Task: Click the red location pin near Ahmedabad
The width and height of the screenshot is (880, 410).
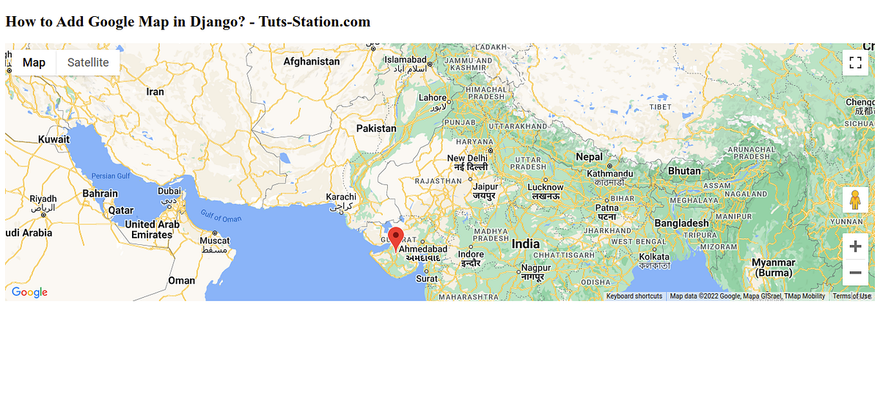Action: click(396, 238)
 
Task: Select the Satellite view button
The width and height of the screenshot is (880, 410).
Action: click(88, 62)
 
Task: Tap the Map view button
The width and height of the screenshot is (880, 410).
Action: click(34, 62)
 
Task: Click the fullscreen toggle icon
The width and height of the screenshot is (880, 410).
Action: click(854, 62)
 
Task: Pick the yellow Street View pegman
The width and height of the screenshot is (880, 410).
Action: click(854, 200)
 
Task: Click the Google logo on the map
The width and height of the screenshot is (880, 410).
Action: click(29, 292)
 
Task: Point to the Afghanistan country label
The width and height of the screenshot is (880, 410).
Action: click(312, 62)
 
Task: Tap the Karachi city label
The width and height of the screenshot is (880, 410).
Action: click(341, 197)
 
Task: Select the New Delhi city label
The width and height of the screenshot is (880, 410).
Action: click(467, 158)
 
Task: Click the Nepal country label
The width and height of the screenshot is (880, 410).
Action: click(589, 157)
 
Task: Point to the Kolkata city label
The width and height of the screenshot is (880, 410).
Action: click(654, 257)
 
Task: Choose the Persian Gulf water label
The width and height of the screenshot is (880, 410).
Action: click(111, 176)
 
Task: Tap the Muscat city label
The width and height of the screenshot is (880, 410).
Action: click(215, 241)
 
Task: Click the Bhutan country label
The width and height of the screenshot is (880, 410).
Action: click(684, 171)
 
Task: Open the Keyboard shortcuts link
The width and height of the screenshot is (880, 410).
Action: click(634, 296)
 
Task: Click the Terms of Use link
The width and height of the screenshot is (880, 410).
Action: click(851, 296)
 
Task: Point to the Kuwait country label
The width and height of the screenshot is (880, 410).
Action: click(54, 139)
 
